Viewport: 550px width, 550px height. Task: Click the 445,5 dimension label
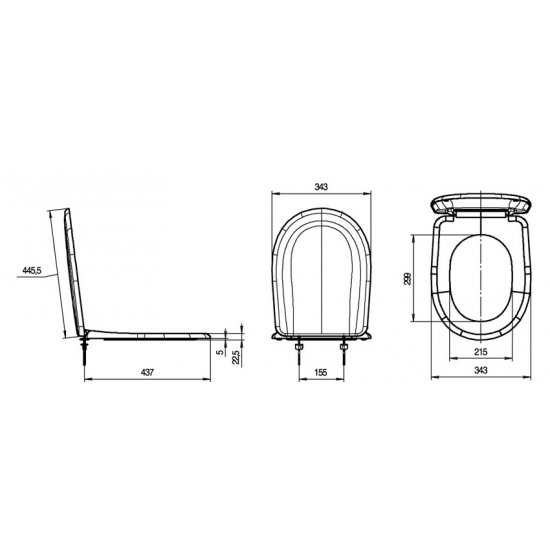32,270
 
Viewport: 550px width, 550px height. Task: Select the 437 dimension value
147,372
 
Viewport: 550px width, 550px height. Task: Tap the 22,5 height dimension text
236,357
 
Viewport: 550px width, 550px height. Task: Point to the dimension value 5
220,352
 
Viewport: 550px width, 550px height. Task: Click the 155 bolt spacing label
321,372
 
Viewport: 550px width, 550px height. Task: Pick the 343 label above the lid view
321,187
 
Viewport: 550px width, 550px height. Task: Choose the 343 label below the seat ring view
481,370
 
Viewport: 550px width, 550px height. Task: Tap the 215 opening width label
481,351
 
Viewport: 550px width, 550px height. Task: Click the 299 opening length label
408,279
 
